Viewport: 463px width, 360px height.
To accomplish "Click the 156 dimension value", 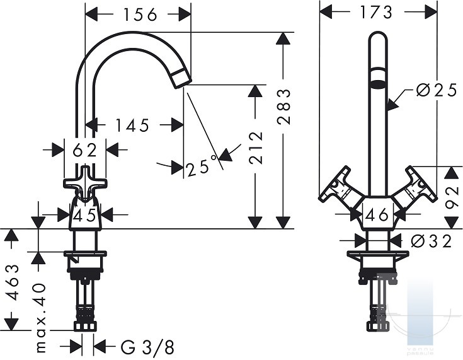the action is coord(140,15).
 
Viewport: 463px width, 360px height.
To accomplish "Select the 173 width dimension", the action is coord(376,13).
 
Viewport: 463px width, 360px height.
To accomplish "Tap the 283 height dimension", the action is coord(283,107).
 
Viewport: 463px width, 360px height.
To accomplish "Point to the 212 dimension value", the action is coord(255,148).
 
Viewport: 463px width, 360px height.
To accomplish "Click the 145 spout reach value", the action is coord(132,125).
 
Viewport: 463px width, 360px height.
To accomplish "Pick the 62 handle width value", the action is coord(85,150).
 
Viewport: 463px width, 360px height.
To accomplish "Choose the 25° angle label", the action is coord(202,166).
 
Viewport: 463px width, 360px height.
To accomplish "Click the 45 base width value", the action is coord(85,215).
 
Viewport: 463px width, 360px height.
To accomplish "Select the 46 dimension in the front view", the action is coord(377,215).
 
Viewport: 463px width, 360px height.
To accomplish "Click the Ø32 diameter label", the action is coord(432,241).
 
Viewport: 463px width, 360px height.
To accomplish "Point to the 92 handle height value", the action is coord(452,197).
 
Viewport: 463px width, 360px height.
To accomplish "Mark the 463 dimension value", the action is coord(13,282).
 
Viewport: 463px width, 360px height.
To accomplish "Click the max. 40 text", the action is coord(40,318).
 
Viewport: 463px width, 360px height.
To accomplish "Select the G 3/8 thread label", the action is coord(147,347).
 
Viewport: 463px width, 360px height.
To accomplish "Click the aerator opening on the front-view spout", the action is coord(378,84).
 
